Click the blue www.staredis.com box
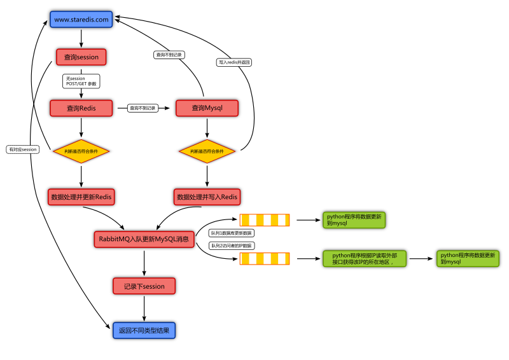pyautogui.click(x=81, y=20)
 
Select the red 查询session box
pyautogui.click(x=81, y=57)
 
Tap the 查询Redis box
pyautogui.click(x=81, y=108)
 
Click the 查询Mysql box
pyautogui.click(x=207, y=108)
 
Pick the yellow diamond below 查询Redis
pyautogui.click(x=81, y=151)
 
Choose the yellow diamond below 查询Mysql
pyautogui.click(x=207, y=151)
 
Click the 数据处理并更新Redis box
pyautogui.click(x=81, y=197)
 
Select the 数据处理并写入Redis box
pyautogui.click(x=207, y=197)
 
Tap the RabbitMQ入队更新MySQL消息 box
pyautogui.click(x=144, y=239)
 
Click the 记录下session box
pyautogui.click(x=144, y=286)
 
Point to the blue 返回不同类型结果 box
pyautogui.click(x=144, y=331)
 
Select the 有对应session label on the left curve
pyautogui.click(x=23, y=149)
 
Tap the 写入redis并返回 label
pyautogui.click(x=234, y=62)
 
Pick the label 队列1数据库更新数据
pyautogui.click(x=232, y=233)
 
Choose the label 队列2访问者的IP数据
pyautogui.click(x=232, y=246)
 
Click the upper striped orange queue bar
pyautogui.click(x=264, y=221)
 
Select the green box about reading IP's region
pyautogui.click(x=365, y=259)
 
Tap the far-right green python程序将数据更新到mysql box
pyautogui.click(x=468, y=259)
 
